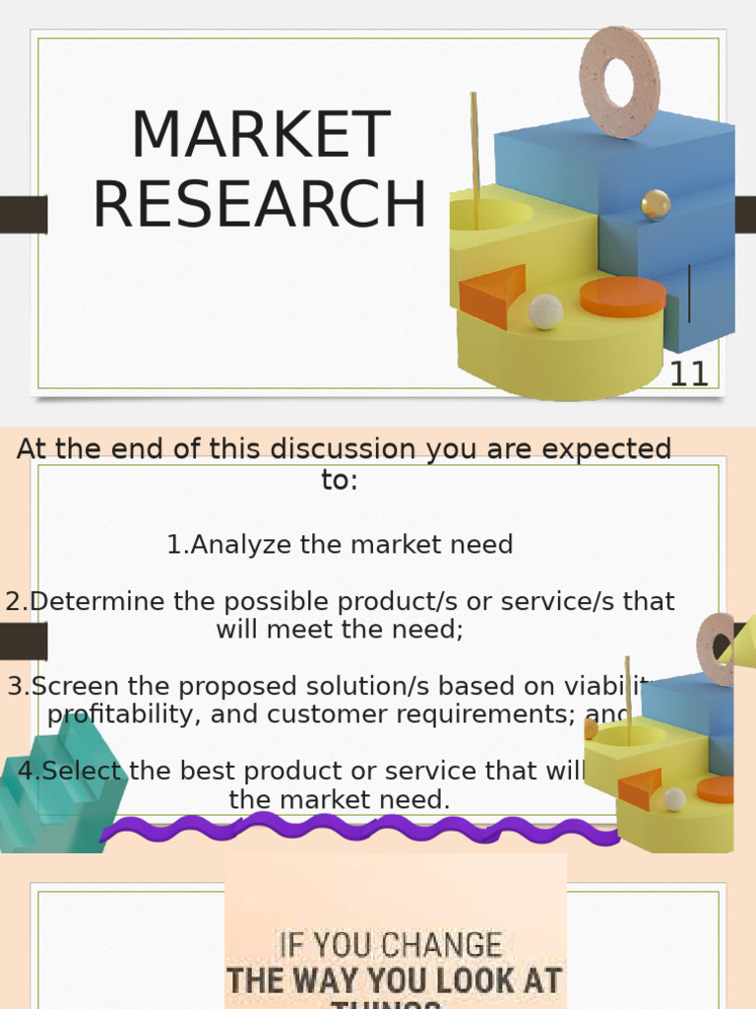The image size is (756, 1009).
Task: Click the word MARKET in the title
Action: click(x=260, y=136)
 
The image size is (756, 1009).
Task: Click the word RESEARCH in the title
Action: click(x=260, y=205)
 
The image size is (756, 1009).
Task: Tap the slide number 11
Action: click(x=688, y=374)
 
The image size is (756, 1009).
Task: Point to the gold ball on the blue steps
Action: click(x=656, y=205)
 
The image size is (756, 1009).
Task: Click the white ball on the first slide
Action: click(x=545, y=311)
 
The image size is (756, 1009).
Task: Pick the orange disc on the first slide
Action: click(x=622, y=297)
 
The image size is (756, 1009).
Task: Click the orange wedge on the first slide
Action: click(x=492, y=296)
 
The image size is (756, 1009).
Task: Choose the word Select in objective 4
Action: click(x=83, y=771)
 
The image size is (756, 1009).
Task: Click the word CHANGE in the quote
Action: click(x=448, y=946)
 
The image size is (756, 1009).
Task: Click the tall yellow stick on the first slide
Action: click(x=474, y=158)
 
